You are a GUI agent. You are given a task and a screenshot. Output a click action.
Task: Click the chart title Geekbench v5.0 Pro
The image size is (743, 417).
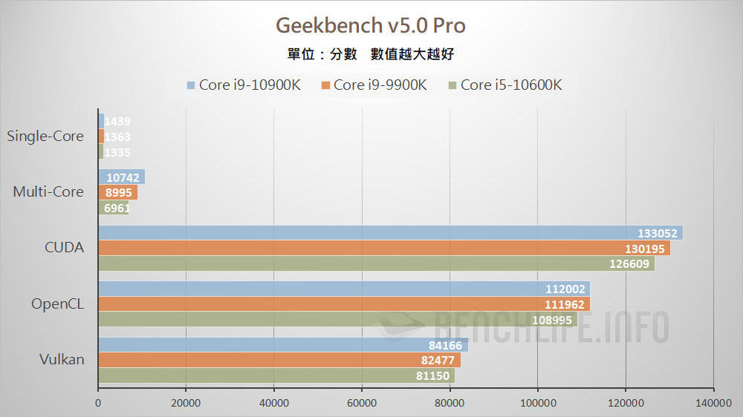point(371,26)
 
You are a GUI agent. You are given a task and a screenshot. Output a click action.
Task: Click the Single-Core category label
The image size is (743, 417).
point(45,137)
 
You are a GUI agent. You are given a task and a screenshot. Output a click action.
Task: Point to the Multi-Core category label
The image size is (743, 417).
point(48,192)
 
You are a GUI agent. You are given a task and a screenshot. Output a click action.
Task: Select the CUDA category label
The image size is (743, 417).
point(65,248)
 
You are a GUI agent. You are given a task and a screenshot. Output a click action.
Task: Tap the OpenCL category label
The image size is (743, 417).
point(57,303)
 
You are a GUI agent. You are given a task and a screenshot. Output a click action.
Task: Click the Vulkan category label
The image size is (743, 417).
point(62,359)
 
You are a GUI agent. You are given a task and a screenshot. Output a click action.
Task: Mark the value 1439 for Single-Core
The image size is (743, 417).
point(118,122)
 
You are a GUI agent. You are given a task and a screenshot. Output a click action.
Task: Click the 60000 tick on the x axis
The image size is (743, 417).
point(361,403)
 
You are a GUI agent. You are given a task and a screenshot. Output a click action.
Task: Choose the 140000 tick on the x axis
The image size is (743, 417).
point(713,403)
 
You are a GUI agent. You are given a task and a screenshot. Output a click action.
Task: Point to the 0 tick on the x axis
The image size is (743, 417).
point(98,403)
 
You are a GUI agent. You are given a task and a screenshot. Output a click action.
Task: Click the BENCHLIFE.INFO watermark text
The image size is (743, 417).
point(550,327)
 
